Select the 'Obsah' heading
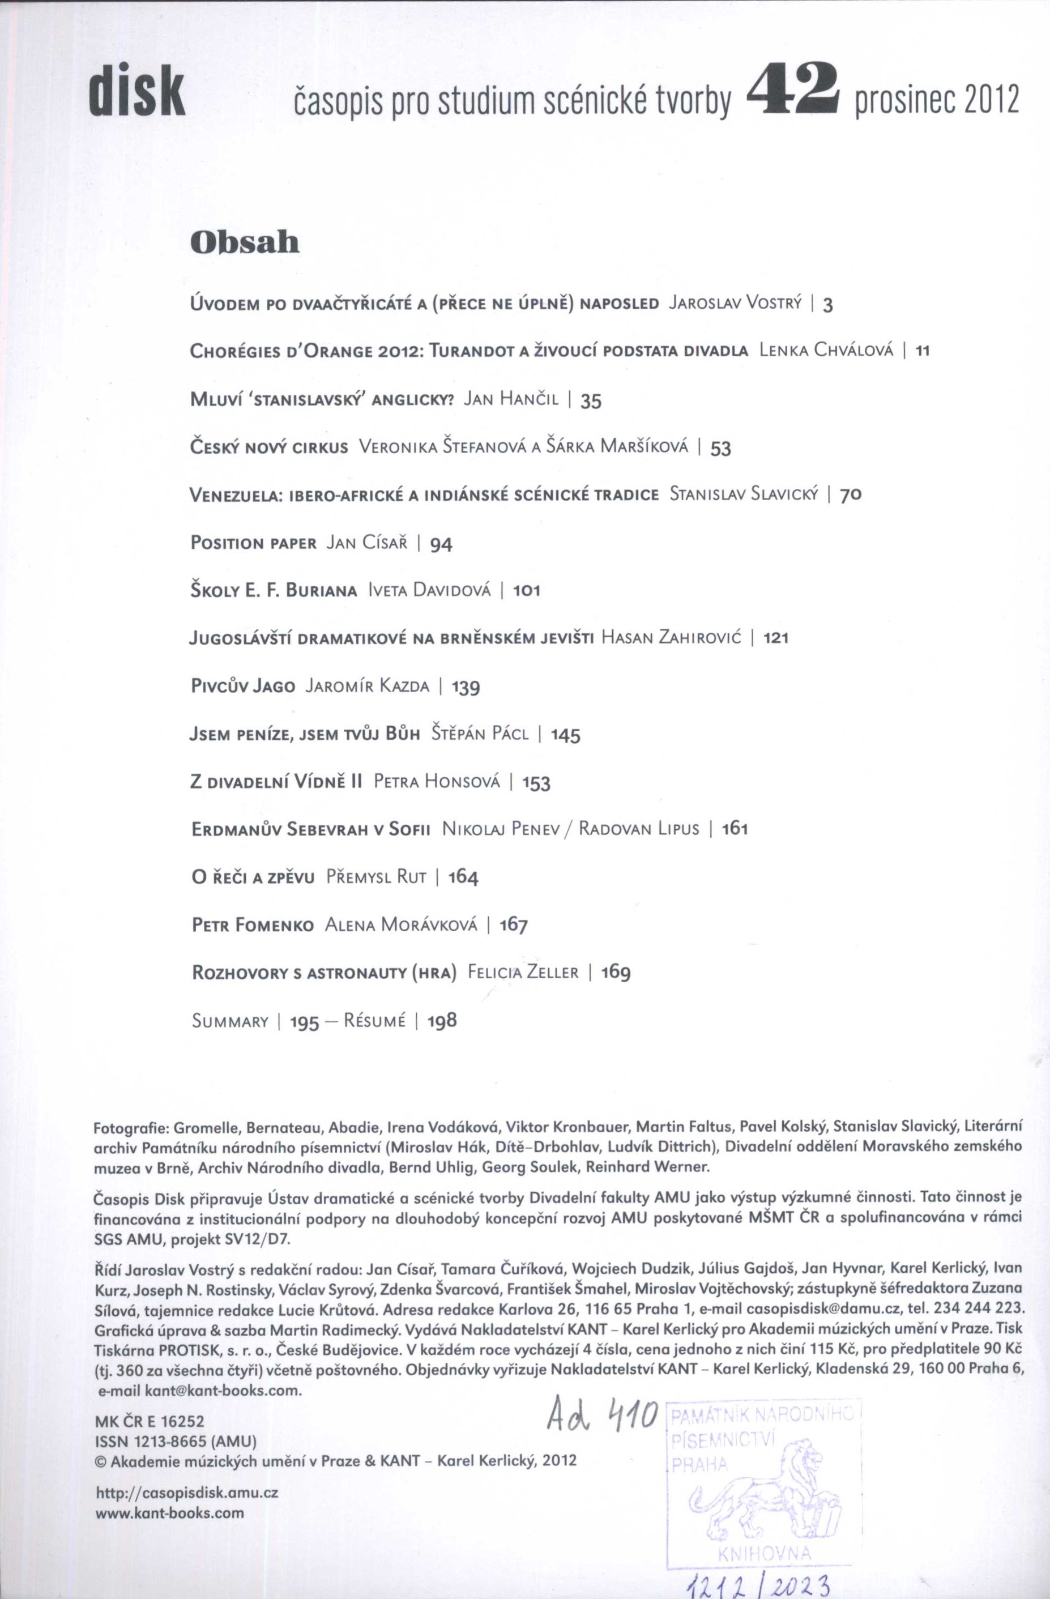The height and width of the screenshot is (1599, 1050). click(245, 242)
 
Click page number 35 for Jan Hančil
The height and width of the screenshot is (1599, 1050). click(591, 401)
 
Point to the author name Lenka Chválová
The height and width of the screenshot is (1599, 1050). click(826, 351)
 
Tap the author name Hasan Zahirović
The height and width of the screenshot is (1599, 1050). click(671, 638)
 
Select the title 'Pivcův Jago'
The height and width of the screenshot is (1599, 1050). click(242, 686)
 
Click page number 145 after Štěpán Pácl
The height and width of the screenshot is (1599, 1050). click(566, 735)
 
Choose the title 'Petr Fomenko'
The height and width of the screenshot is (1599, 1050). click(253, 926)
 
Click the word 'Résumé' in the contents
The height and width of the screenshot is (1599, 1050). click(374, 1021)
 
